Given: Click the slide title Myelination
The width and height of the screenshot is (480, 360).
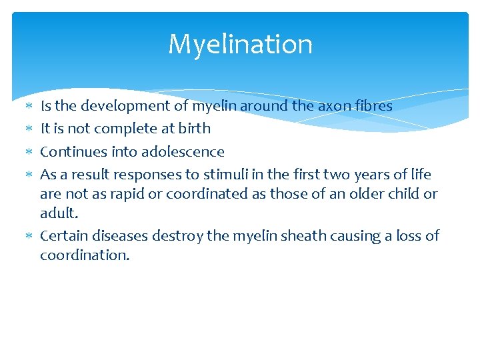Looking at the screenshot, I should point(240,45).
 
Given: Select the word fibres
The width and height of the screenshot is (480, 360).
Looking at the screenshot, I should point(374,105).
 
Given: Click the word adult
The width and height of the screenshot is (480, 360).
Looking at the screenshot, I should point(59,213).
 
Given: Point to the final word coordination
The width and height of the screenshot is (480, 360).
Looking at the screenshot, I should point(85,255).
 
